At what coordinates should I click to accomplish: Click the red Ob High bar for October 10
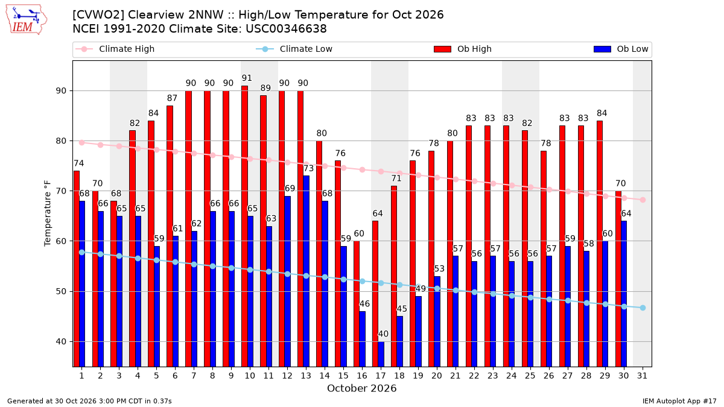click(x=245, y=226)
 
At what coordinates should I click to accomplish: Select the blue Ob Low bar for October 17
click(x=381, y=354)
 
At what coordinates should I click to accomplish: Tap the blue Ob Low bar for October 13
click(x=306, y=271)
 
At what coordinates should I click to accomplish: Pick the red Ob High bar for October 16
click(x=357, y=304)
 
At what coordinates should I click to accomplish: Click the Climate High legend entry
click(x=115, y=49)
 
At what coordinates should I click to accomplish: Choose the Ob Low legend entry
click(x=621, y=49)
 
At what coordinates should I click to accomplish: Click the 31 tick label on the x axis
click(x=642, y=376)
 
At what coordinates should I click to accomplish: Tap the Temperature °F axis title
click(x=48, y=213)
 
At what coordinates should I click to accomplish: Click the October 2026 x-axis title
click(x=361, y=388)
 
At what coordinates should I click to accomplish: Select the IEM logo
click(x=27, y=20)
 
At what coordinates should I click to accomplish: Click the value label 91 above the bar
click(x=247, y=78)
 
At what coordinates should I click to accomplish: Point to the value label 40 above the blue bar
click(x=383, y=334)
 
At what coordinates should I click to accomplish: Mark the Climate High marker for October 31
click(x=643, y=200)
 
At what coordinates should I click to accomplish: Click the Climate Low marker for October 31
click(x=643, y=308)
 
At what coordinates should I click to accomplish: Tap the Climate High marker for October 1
click(x=82, y=142)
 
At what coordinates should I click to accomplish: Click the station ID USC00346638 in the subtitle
click(x=286, y=29)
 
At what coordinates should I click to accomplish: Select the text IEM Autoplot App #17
click(x=679, y=401)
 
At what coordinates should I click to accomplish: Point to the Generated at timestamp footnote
click(x=89, y=401)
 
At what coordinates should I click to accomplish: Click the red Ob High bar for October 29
click(x=600, y=244)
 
